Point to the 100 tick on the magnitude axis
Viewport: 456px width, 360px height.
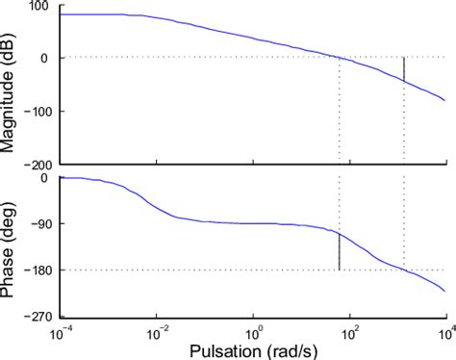(x=38, y=8)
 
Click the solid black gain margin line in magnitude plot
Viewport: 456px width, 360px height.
(x=404, y=70)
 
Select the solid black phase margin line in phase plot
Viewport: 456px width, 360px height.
(x=340, y=251)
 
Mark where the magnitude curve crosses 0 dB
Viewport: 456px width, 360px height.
(x=340, y=58)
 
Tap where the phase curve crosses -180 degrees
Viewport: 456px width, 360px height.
(x=404, y=270)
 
